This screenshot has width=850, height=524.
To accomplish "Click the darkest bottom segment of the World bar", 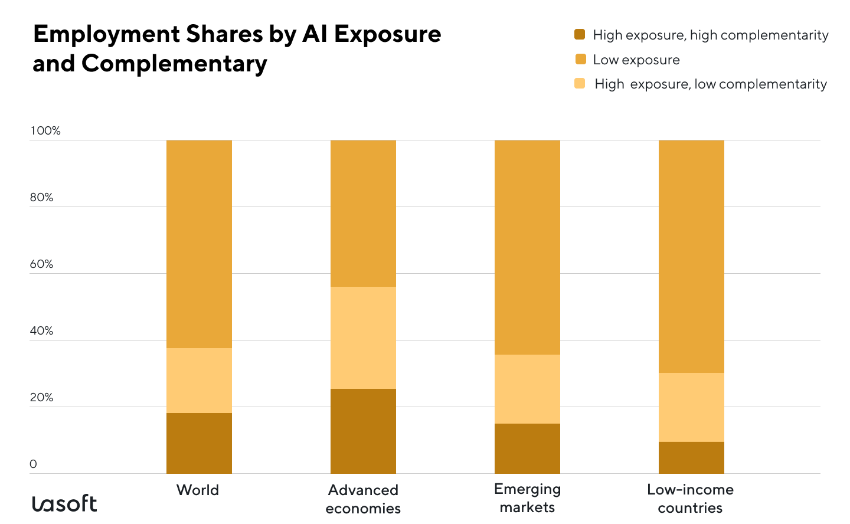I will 199,443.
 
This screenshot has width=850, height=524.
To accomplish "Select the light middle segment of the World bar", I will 199,380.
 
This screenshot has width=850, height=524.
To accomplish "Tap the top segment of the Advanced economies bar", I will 363,213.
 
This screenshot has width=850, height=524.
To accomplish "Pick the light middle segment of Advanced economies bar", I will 363,338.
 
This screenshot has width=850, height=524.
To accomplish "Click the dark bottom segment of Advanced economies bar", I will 363,431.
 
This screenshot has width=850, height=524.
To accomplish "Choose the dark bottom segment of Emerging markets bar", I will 527,448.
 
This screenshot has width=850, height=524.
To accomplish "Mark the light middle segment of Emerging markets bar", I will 527,389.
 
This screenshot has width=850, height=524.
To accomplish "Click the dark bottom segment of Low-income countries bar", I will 691,457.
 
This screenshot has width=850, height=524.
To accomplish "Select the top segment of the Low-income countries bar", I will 691,256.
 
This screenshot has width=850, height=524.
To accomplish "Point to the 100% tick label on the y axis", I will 45,130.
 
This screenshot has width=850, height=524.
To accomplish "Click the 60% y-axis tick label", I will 41,264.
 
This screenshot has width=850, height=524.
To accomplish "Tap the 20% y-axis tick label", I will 41,397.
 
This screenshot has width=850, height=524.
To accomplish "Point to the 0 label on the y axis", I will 33,464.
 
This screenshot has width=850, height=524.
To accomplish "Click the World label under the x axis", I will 198,490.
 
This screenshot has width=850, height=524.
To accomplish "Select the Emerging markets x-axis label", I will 527,498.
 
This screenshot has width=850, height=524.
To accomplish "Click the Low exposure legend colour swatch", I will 580,59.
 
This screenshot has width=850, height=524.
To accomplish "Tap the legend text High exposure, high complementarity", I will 710,35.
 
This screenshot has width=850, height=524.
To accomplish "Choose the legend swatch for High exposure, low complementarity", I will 580,83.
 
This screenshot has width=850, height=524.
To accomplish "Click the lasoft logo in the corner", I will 64,503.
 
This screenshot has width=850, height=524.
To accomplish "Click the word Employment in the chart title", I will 107,34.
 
